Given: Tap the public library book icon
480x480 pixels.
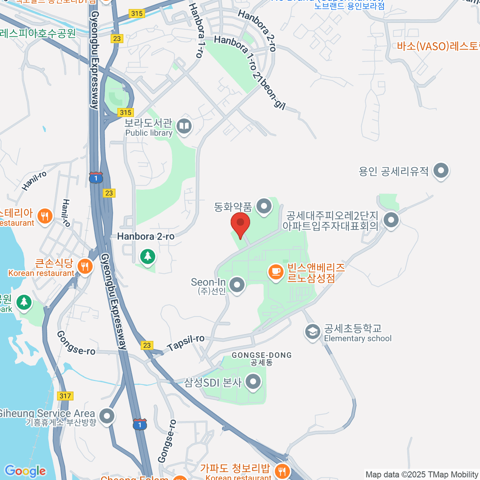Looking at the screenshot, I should click(x=184, y=126).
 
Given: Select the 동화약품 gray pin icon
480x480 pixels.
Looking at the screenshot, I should click(x=264, y=207).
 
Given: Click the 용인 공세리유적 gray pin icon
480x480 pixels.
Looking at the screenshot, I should click(x=441, y=171).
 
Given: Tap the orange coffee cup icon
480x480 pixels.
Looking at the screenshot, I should click(x=275, y=272).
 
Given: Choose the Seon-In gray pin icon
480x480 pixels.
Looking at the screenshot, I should click(x=237, y=285).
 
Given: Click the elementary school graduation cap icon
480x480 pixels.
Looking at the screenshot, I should click(x=312, y=332).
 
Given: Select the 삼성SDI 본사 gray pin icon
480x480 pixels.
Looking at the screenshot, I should click(x=253, y=382).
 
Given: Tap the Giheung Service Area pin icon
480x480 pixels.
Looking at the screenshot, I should click(x=107, y=416).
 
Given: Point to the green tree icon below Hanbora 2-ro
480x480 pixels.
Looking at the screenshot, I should click(x=148, y=256).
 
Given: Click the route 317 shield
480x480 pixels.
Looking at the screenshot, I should click(x=65, y=396).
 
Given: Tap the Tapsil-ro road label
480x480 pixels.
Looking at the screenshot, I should click(x=186, y=343).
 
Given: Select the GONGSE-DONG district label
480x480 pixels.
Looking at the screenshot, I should click(x=262, y=355).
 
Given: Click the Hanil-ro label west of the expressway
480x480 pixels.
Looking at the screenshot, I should click(x=34, y=180).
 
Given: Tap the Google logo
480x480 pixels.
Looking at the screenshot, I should click(x=26, y=471).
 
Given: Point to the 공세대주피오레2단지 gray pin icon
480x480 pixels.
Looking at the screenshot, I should click(x=391, y=220).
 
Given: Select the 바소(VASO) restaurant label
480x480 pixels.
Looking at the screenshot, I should click(x=438, y=46).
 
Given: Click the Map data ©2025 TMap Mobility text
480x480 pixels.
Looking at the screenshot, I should click(x=422, y=474).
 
